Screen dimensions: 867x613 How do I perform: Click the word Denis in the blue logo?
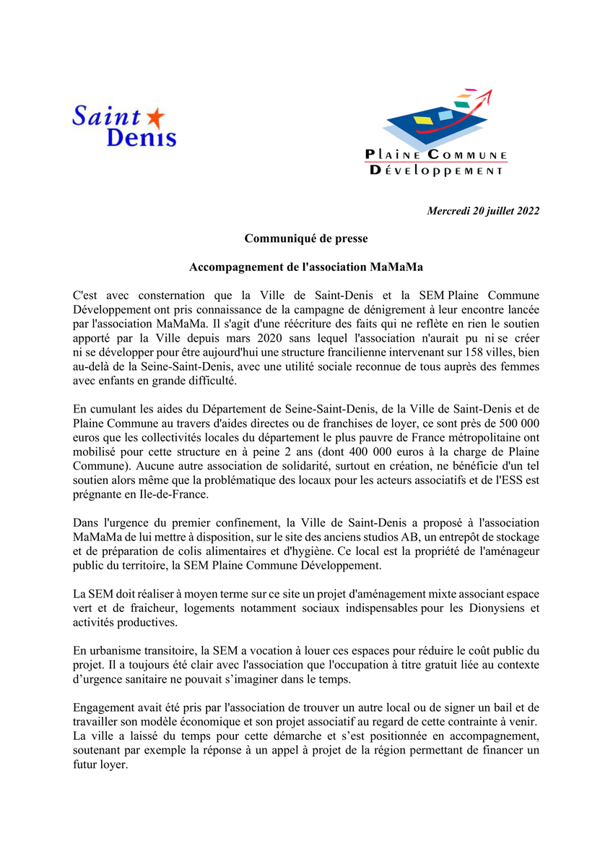142,137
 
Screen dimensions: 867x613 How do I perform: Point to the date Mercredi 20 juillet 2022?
483,212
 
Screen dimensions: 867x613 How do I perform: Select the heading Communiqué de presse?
306,238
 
